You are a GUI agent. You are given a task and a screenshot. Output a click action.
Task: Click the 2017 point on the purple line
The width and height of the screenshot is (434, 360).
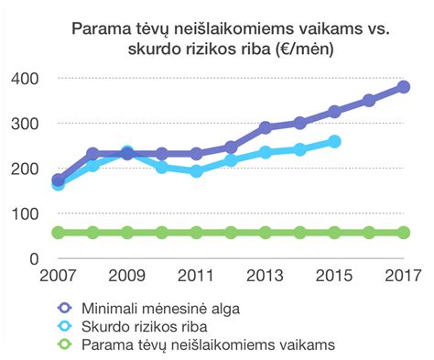click(x=404, y=87)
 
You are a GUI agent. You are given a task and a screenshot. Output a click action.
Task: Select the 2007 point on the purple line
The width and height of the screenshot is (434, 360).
click(x=59, y=180)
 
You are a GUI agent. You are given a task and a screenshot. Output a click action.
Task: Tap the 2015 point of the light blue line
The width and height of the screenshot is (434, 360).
click(x=334, y=142)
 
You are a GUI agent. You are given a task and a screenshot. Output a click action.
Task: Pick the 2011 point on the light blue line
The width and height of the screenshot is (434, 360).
click(x=196, y=171)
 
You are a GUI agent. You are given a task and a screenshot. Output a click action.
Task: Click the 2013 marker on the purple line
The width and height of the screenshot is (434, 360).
click(x=266, y=128)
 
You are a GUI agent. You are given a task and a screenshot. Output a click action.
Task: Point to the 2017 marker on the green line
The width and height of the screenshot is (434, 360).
click(x=404, y=233)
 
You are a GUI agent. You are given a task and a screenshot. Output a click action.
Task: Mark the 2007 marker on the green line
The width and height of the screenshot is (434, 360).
click(x=59, y=233)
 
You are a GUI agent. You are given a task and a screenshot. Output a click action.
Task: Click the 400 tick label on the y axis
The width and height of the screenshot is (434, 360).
click(x=27, y=79)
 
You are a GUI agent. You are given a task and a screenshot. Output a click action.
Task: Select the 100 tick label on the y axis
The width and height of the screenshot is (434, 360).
click(x=27, y=213)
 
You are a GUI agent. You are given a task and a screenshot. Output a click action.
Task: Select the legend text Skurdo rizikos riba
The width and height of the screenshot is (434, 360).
click(x=147, y=326)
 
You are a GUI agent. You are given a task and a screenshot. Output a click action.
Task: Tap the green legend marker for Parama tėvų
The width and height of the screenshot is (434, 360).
click(x=64, y=344)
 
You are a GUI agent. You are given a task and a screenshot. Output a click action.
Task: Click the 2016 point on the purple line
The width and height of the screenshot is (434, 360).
click(x=369, y=101)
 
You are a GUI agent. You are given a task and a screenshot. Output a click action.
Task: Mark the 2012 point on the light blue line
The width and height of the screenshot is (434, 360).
click(x=231, y=161)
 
